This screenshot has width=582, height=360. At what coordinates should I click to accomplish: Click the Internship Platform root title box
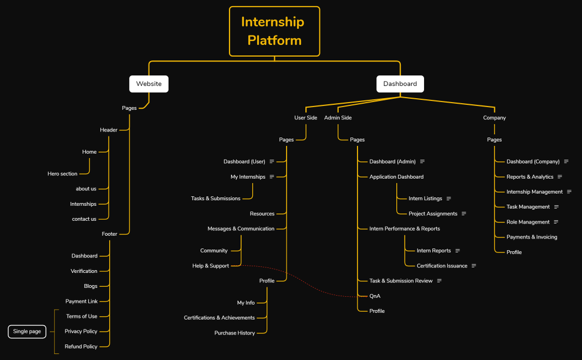point(274,31)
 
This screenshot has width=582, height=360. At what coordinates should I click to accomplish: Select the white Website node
point(149,84)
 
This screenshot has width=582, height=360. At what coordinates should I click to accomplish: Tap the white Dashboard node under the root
point(400,84)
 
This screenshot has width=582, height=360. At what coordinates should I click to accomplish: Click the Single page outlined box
point(27,331)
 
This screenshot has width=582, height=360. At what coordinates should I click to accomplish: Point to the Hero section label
point(63,174)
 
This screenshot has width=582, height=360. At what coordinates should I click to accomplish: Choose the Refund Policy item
point(81,346)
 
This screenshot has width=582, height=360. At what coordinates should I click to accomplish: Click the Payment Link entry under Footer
point(81,301)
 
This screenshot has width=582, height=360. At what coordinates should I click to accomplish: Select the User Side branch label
point(305,118)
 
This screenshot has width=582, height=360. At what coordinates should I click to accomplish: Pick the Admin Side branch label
point(338,118)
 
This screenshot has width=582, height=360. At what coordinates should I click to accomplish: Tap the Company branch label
point(494,118)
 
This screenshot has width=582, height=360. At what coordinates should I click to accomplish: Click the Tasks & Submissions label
point(216,198)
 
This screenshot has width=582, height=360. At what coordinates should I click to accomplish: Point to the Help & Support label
point(211,266)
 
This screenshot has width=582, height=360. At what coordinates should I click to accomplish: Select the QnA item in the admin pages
point(375,296)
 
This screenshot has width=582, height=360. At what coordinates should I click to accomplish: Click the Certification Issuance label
point(442,266)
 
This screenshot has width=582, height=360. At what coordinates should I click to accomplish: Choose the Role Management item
point(528,222)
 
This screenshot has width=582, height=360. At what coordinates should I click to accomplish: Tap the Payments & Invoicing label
point(532,237)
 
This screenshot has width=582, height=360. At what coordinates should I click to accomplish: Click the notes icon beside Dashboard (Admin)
point(422,161)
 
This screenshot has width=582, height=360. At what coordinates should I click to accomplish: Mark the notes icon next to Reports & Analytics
point(560,177)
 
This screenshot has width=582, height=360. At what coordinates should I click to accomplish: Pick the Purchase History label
point(234,333)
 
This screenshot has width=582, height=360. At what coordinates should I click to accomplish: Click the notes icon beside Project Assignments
point(464,214)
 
